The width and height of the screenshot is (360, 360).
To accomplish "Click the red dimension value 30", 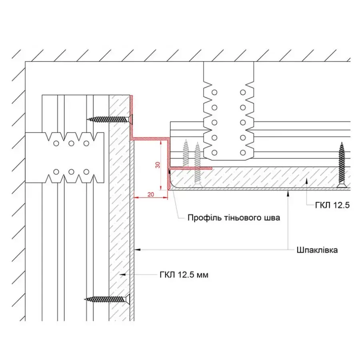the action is pyautogui.click(x=158, y=165).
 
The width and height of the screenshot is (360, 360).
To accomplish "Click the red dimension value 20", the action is pyautogui.click(x=151, y=194).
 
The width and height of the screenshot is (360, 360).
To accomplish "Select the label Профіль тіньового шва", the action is pyautogui.click(x=234, y=218).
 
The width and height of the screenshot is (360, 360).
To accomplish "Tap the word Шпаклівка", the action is pyautogui.click(x=317, y=250).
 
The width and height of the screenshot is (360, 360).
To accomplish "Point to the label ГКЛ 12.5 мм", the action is pyautogui.click(x=184, y=274).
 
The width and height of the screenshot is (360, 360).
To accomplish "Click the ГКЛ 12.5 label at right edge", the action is pyautogui.click(x=332, y=205).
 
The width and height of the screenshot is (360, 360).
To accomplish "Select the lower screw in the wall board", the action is pyautogui.click(x=107, y=299).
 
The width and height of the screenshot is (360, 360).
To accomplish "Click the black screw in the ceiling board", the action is pyautogui.click(x=342, y=165).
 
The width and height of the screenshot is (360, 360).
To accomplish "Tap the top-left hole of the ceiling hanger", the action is pyautogui.click(x=214, y=92).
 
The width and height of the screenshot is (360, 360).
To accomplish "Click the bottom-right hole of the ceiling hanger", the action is pyautogui.click(x=243, y=152).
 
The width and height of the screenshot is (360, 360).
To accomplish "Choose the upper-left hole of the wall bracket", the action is pyautogui.click(x=56, y=144).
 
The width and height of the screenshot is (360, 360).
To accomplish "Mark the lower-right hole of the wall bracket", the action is pyautogui.click(x=86, y=172).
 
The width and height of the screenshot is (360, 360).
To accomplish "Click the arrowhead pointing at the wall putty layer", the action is pyautogui.click(x=137, y=250).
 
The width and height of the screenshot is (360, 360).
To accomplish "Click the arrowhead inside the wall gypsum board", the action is pyautogui.click(x=123, y=274).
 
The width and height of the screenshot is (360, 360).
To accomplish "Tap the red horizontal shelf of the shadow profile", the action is pyautogui.click(x=150, y=139).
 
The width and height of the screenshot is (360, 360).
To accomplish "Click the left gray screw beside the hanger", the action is pyautogui.click(x=186, y=153).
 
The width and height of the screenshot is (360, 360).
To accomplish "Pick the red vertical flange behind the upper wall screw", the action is pyautogui.click(x=132, y=117).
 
